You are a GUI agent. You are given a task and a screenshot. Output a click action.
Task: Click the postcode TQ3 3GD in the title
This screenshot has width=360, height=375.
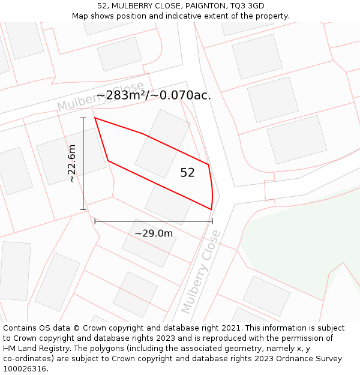(x=247, y=6)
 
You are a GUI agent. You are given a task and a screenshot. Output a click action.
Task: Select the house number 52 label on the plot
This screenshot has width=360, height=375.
(x=188, y=173)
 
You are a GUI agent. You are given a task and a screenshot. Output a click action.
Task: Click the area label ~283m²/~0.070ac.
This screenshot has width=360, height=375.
(x=154, y=95)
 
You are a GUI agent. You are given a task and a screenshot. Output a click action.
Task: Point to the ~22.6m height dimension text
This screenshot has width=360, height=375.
(x=72, y=163)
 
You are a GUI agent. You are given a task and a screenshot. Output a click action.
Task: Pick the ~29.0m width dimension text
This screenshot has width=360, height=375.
(x=154, y=233)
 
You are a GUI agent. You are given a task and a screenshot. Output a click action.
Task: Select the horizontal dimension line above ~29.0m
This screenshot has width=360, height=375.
(x=154, y=221)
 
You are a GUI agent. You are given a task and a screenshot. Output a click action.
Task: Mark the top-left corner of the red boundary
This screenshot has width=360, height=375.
(x=95, y=118)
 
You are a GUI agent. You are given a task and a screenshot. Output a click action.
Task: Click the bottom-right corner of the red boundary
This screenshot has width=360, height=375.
(x=211, y=209)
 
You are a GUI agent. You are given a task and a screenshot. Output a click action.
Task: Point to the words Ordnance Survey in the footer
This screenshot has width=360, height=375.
(x=311, y=359)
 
